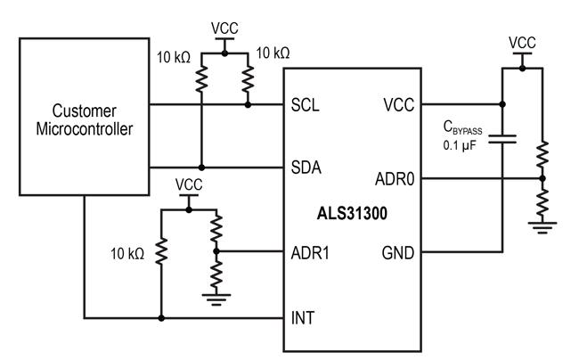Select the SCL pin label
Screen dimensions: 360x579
pyautogui.click(x=306, y=104)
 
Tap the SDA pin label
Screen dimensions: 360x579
pyautogui.click(x=307, y=168)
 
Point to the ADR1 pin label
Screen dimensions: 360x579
pyautogui.click(x=311, y=252)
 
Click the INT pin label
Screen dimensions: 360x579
pyautogui.click(x=302, y=316)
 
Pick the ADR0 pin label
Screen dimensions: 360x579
pyautogui.click(x=392, y=179)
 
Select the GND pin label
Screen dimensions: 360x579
pyautogui.click(x=396, y=252)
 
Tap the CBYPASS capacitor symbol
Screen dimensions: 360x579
pyautogui.click(x=503, y=138)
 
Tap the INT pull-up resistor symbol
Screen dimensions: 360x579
pyautogui.click(x=161, y=253)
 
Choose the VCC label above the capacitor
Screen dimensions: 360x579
pyautogui.click(x=522, y=43)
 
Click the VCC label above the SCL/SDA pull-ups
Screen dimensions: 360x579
pyautogui.click(x=224, y=28)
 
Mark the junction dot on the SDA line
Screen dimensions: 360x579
pyautogui.click(x=202, y=168)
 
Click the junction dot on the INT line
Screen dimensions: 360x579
pyautogui.click(x=161, y=316)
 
